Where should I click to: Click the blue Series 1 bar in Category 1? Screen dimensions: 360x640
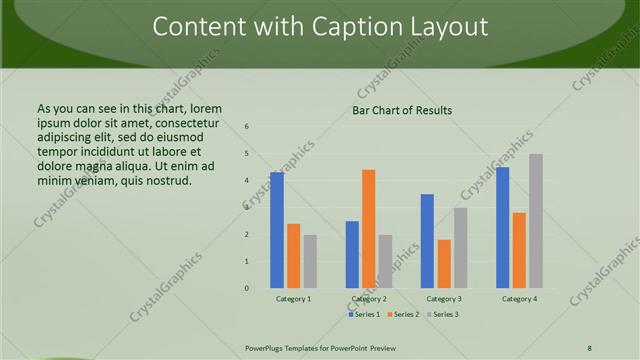tap(277, 230)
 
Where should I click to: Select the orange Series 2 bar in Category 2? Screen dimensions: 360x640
tap(368, 229)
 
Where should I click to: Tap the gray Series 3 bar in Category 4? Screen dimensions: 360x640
tap(536, 221)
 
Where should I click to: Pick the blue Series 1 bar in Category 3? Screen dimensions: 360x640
tap(427, 241)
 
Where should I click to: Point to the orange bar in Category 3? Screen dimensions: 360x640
tap(444, 264)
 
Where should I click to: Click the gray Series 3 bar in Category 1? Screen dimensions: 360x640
tap(310, 261)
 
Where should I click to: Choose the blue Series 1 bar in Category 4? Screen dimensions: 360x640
tap(502, 227)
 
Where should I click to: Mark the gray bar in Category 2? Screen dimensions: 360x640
tap(385, 261)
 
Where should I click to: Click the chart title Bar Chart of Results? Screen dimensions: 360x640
tap(402, 110)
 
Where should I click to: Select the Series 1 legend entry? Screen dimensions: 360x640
tap(366, 315)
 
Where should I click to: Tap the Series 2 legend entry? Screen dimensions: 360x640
tap(403, 315)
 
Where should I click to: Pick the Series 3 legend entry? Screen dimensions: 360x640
tap(442, 315)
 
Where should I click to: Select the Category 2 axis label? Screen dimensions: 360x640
tap(369, 299)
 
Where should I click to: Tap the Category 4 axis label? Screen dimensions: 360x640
tap(519, 299)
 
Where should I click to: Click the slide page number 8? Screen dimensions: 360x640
tap(589, 346)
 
